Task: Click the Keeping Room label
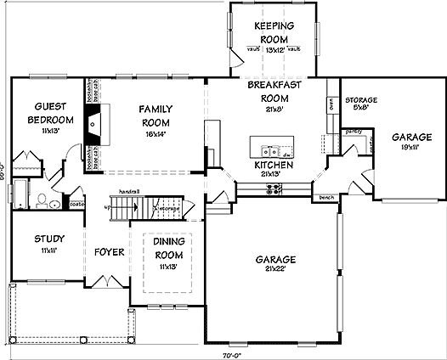click(x=274, y=31)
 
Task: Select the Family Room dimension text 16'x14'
click(x=156, y=133)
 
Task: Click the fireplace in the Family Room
click(x=96, y=123)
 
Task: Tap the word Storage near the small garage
click(x=360, y=98)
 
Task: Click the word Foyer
click(x=110, y=253)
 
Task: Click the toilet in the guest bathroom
click(x=41, y=201)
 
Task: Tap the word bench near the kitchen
click(x=324, y=197)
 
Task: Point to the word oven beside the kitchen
click(x=329, y=107)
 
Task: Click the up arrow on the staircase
click(x=107, y=206)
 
